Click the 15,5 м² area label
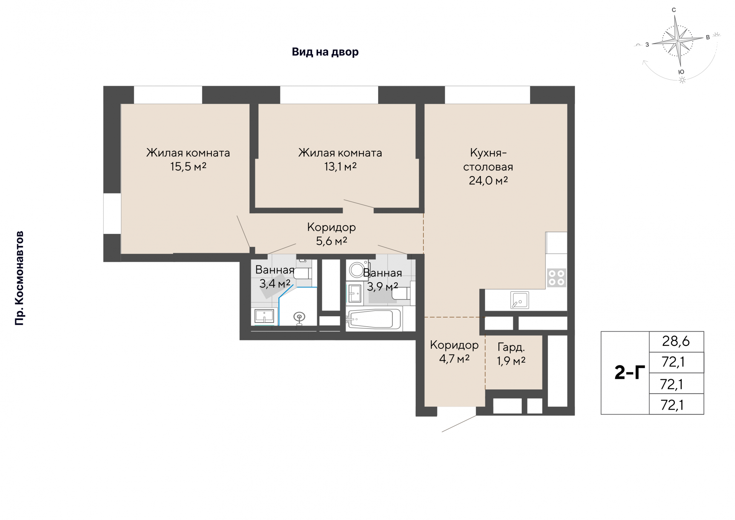188,167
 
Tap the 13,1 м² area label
340,167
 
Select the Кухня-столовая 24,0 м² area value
488,180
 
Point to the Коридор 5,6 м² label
332,234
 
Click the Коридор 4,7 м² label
454,352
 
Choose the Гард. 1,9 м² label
511,354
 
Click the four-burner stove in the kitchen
556,278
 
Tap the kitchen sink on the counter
519,300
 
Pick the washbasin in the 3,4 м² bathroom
264,316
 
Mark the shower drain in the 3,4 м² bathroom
299,317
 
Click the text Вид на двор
325,52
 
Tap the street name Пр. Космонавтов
19,278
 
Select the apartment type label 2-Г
629,372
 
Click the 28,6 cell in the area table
676,341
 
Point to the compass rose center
678,40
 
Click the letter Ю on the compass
681,72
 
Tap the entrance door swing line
459,424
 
